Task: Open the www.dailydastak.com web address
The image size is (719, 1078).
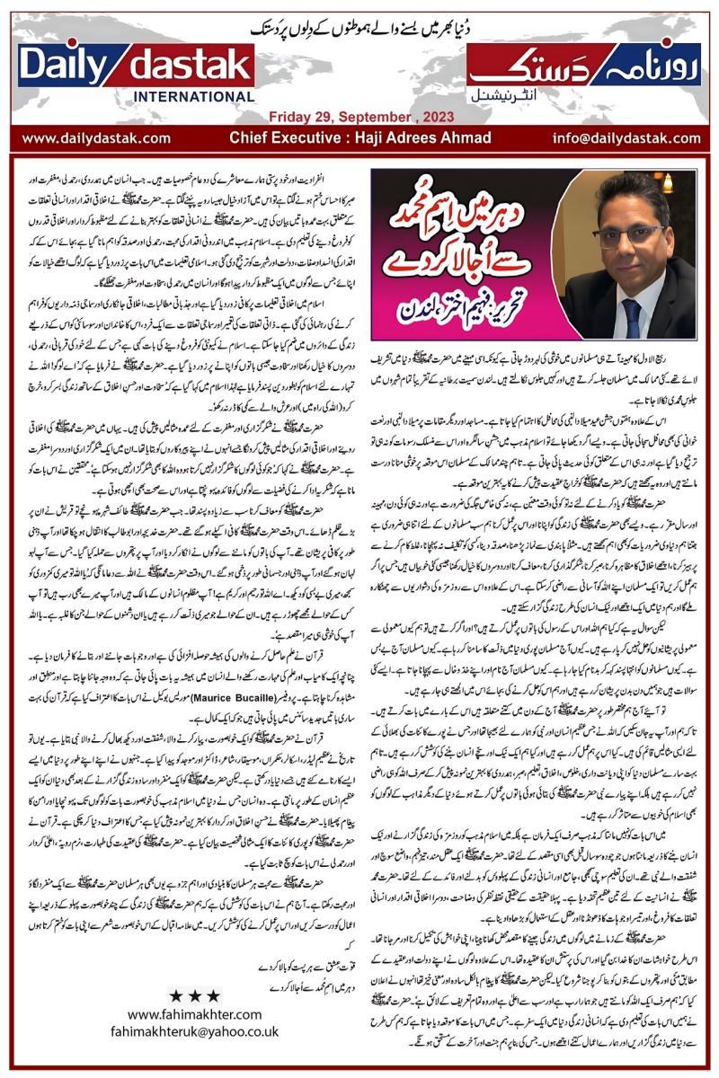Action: [x=96, y=138]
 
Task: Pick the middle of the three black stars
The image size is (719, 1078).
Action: [x=193, y=995]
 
